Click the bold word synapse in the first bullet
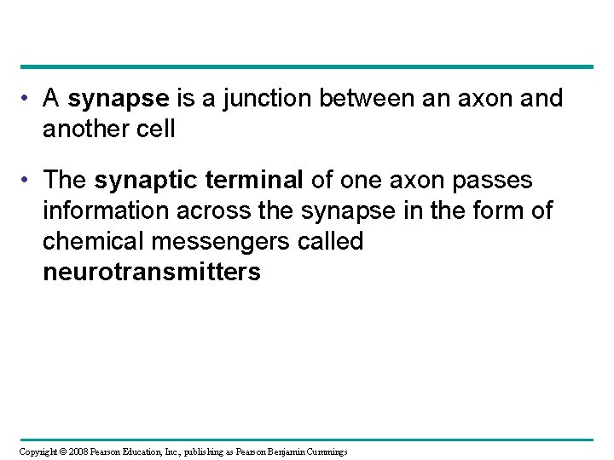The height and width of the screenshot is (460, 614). coord(119,100)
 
